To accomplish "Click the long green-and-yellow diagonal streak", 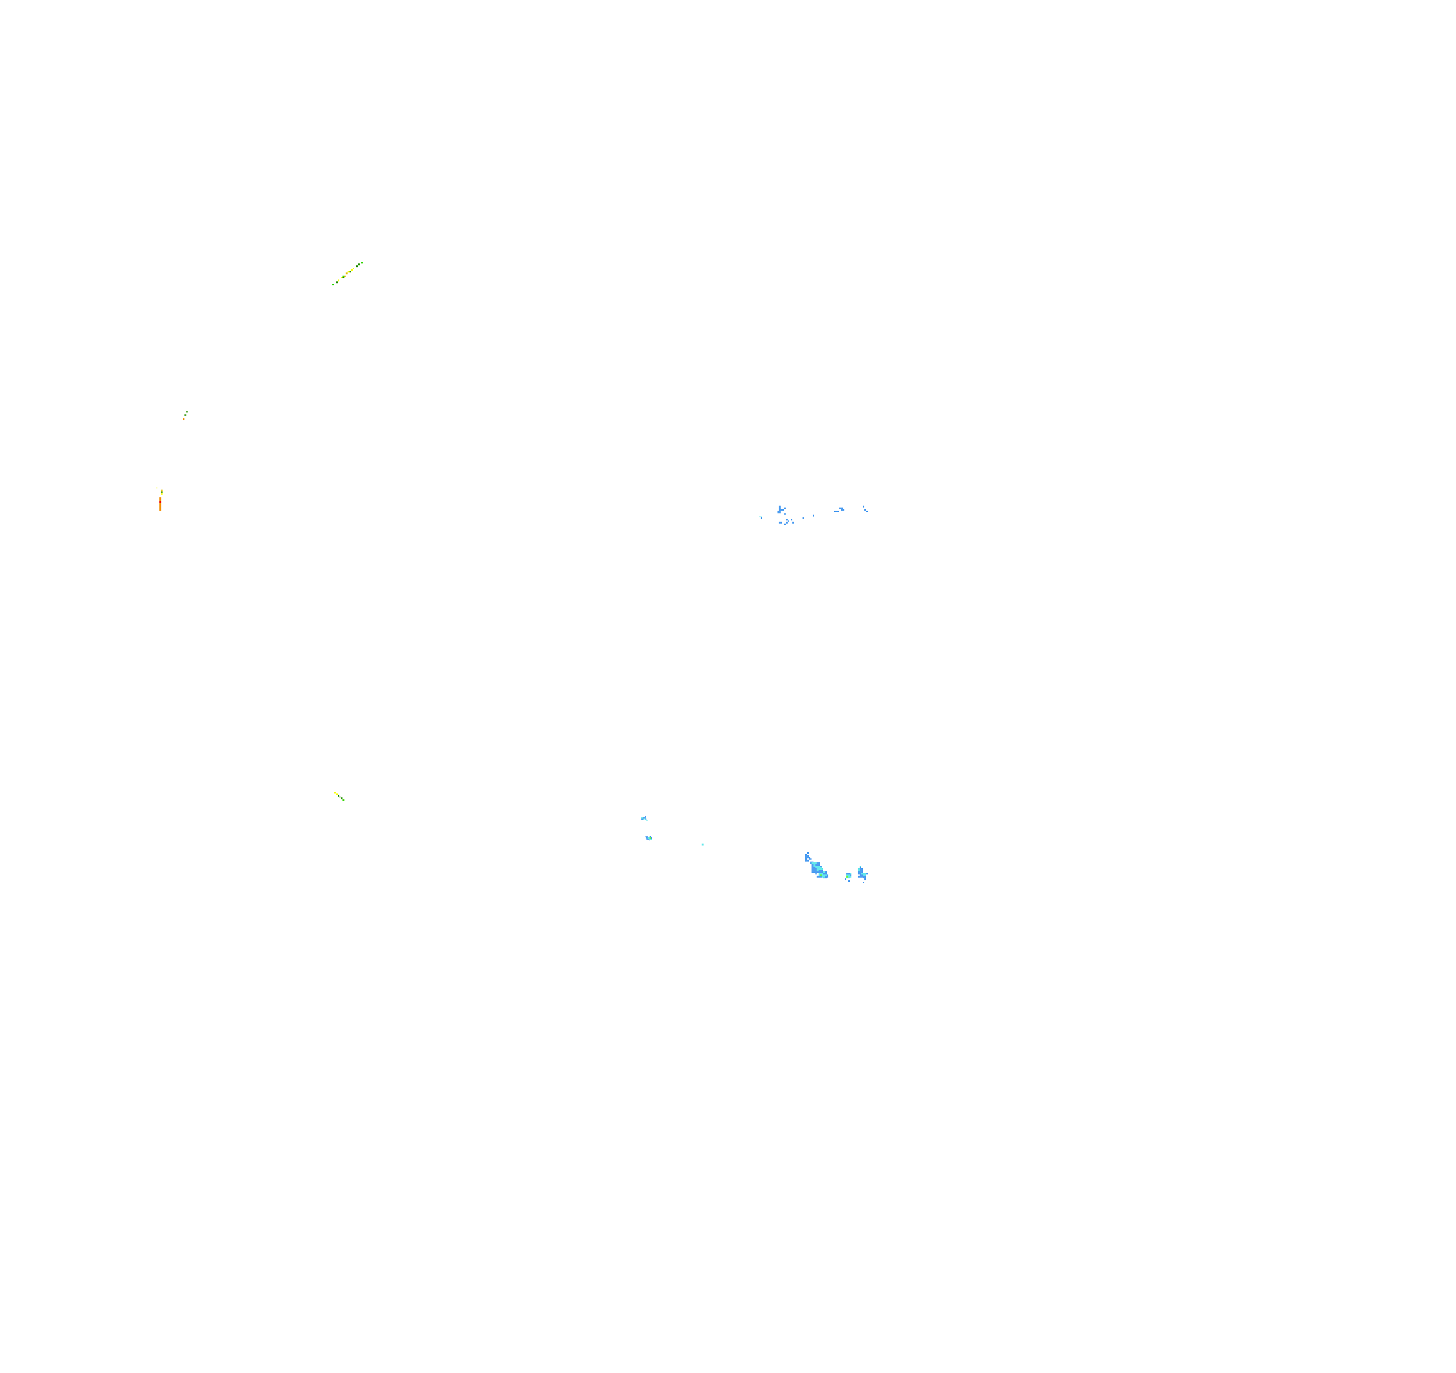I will click(347, 273).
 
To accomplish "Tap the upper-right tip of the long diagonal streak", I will click(362, 262).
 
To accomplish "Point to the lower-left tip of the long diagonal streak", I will click(333, 284).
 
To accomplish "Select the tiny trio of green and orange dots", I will click(185, 415).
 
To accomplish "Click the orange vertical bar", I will click(161, 503).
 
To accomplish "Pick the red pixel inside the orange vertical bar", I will click(161, 502).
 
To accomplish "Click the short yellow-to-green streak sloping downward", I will click(339, 796).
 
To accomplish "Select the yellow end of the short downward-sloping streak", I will click(335, 792).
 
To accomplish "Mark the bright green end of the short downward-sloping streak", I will click(344, 800).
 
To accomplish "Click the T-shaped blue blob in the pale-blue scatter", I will click(781, 509).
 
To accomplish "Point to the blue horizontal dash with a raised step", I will click(839, 509).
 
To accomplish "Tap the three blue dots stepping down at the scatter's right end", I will click(866, 508).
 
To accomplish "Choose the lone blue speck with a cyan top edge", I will click(760, 518).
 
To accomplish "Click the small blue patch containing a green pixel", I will click(649, 837).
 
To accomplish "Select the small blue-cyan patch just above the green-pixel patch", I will click(644, 818).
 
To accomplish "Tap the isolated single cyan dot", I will click(702, 844).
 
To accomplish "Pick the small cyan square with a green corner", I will click(848, 875).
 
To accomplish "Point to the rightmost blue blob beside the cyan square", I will click(863, 873).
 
